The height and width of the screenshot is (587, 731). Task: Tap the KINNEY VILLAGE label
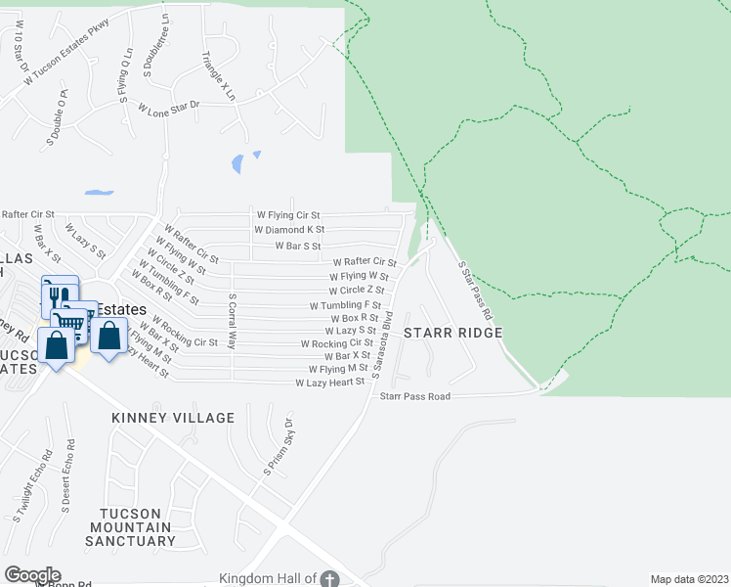(173, 418)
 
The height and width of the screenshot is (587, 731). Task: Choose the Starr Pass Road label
(414, 396)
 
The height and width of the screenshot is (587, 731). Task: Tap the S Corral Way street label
(232, 321)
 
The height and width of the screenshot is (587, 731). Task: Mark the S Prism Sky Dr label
(277, 448)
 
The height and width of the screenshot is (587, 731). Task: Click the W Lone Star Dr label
(168, 108)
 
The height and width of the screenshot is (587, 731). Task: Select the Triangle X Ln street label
(218, 76)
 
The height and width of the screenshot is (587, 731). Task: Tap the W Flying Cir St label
(287, 214)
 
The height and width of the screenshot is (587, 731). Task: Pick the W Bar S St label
(298, 246)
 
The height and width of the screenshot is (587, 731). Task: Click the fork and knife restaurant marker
(56, 295)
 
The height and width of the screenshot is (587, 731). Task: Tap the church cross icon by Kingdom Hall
(330, 579)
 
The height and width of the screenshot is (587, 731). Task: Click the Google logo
(31, 575)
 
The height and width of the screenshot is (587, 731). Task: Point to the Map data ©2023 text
(689, 579)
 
